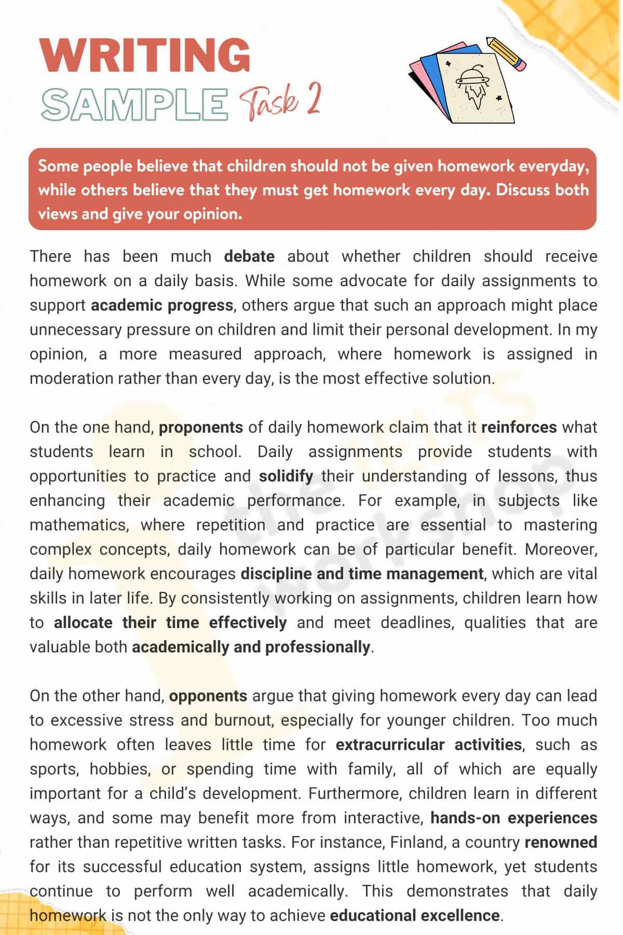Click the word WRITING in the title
pos(145,55)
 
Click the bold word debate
pos(249,257)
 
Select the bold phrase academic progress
pos(162,305)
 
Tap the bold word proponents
pos(200,428)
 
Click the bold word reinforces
pos(519,428)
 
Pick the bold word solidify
pos(286,476)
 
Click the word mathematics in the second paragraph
pos(78,525)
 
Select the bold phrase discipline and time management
pos(362,574)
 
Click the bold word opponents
pos(208,696)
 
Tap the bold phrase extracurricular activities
pos(428,745)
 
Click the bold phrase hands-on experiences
pos(513,818)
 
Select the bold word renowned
pos(561,843)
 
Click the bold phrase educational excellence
pos(414,916)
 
